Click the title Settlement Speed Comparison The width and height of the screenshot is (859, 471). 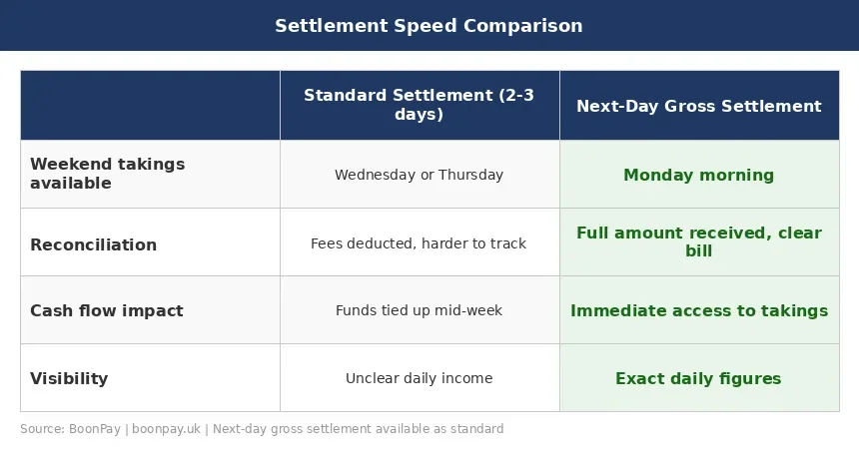429,26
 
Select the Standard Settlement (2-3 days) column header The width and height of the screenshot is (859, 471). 419,105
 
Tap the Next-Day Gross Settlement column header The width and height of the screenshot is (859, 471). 698,106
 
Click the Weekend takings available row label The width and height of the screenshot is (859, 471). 107,174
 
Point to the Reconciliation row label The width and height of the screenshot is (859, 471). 93,244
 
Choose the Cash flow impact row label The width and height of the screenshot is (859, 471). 106,310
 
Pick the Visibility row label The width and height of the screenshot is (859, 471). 69,378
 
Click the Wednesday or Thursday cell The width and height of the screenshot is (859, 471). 419,175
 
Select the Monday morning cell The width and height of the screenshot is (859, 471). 698,175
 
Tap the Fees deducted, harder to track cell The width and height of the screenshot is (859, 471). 419,242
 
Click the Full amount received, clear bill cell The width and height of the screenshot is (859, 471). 698,241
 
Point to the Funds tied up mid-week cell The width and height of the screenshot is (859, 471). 419,310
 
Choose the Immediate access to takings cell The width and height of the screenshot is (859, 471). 698,310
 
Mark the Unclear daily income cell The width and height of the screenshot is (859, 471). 419,378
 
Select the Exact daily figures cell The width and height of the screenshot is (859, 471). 698,378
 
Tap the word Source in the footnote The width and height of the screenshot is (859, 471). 41,429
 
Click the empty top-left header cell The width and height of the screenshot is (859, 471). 150,105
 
